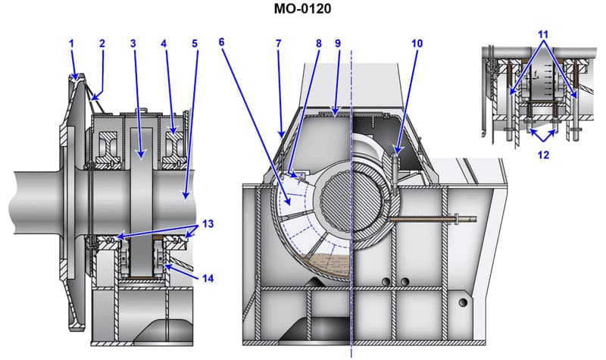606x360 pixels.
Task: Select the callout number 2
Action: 102,44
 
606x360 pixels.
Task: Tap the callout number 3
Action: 133,44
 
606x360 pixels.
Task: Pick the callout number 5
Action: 194,44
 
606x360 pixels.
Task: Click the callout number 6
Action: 221,44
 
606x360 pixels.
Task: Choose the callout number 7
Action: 278,44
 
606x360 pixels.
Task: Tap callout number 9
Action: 338,44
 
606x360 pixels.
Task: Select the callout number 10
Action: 416,44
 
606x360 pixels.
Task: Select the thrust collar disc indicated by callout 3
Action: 140,197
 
